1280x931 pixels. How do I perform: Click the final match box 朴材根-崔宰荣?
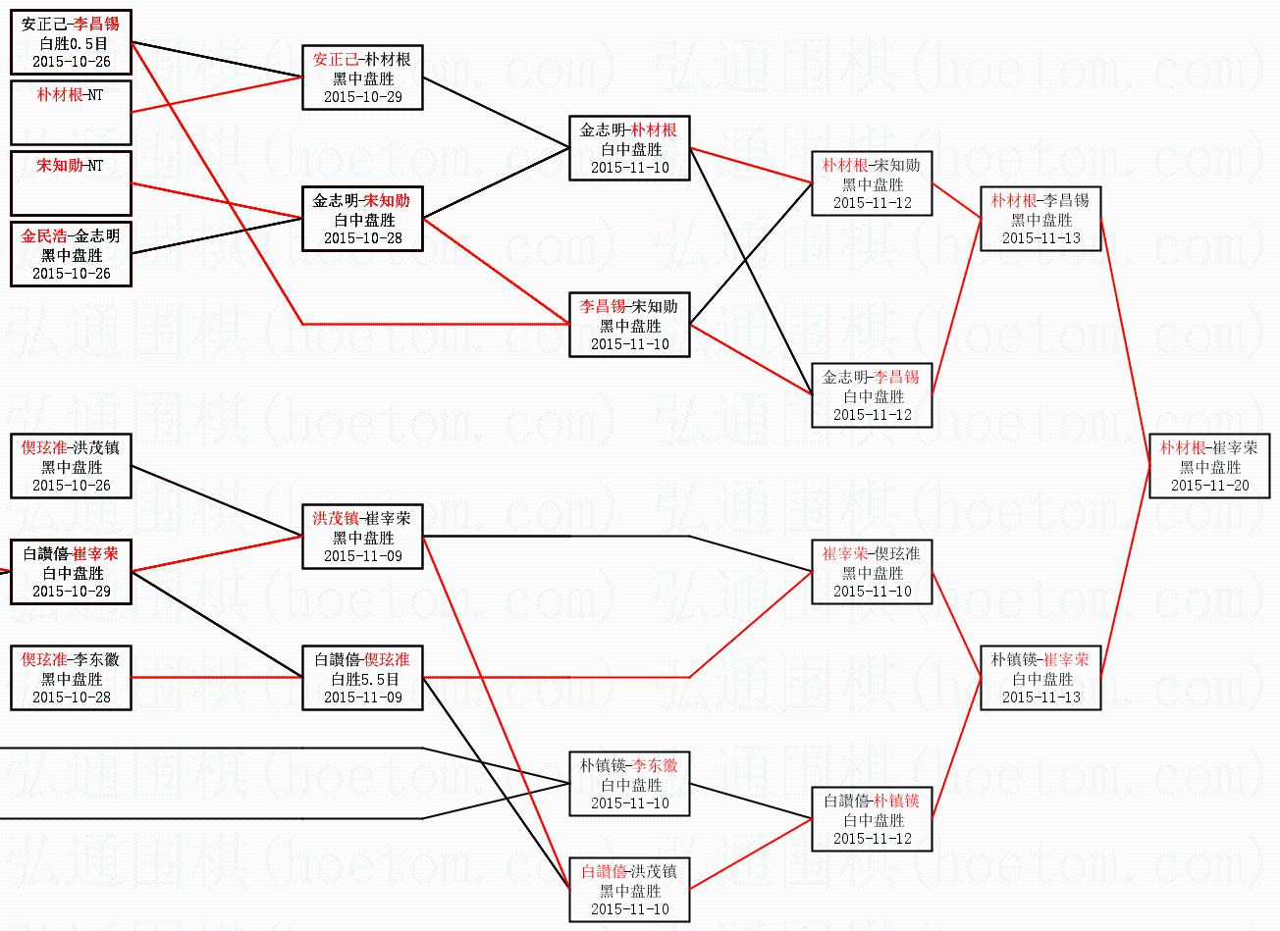pos(1208,466)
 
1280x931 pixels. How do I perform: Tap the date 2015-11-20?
pos(1208,486)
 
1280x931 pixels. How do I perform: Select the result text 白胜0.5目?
pos(72,43)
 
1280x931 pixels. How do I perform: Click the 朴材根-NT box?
pos(71,113)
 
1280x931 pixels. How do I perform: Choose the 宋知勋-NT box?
pos(71,183)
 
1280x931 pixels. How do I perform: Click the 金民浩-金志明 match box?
pos(71,254)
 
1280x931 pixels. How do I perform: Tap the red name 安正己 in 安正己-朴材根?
pos(336,60)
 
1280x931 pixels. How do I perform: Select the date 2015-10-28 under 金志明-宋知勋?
pos(363,238)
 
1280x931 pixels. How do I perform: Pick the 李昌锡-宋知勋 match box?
pos(629,325)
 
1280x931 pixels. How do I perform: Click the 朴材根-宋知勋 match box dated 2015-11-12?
pos(872,183)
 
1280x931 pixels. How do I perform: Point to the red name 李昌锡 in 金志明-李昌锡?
pos(897,378)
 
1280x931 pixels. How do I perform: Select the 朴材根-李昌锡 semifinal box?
pos(1040,219)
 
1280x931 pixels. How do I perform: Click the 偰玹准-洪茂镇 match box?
pos(71,466)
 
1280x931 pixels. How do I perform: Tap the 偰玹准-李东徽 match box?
pos(71,678)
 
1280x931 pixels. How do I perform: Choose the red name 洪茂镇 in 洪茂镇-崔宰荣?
pos(336,519)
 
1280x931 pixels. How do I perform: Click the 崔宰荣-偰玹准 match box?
pos(872,572)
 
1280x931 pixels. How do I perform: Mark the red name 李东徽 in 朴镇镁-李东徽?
pos(655,766)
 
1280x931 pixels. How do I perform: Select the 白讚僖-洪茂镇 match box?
pos(629,890)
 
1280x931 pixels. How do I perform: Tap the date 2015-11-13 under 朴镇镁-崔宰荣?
pos(1040,698)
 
